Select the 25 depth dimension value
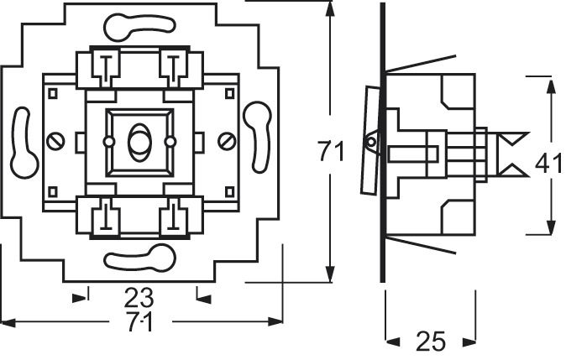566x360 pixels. coord(430,341)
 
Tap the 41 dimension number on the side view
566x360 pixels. coord(548,164)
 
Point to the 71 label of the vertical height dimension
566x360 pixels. coord(332,152)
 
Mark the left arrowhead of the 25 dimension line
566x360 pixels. coord(390,340)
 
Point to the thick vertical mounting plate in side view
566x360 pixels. coord(383,143)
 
